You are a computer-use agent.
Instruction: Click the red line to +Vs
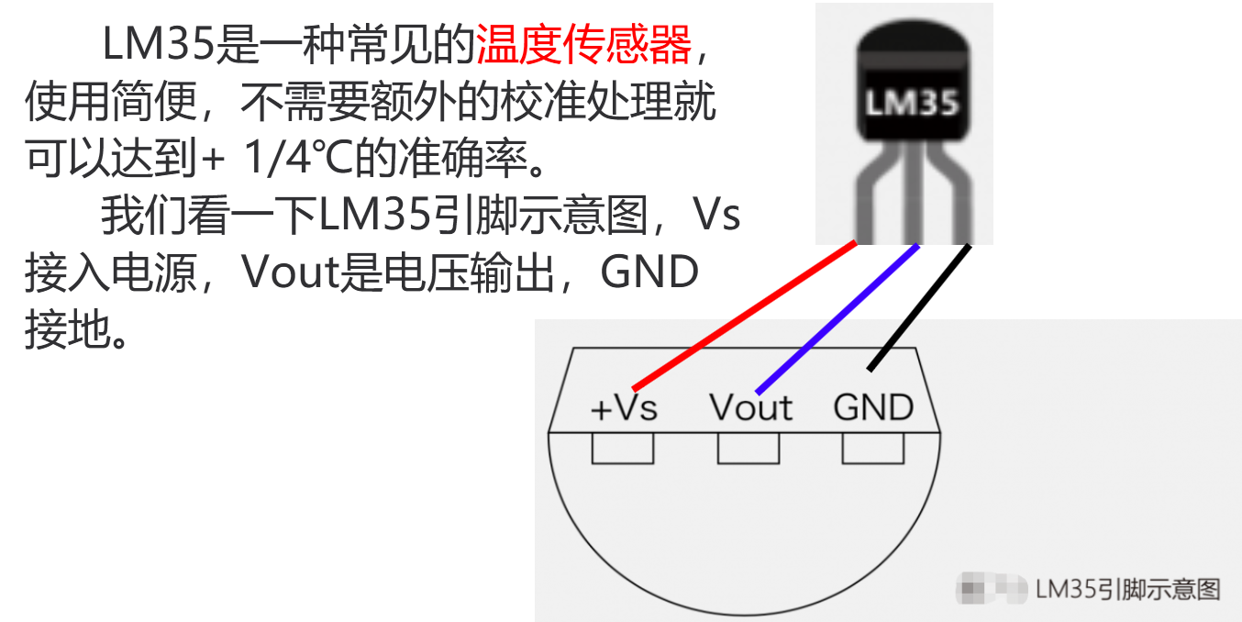click(x=743, y=314)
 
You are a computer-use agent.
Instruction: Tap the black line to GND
click(x=918, y=307)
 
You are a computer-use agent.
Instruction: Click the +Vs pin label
click(x=624, y=408)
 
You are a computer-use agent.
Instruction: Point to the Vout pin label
click(x=750, y=408)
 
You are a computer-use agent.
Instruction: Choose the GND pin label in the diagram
click(x=873, y=407)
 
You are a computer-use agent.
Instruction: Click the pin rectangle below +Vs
click(x=622, y=448)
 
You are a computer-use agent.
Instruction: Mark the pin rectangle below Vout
click(x=749, y=448)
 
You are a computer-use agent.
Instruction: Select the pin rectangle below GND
click(x=873, y=448)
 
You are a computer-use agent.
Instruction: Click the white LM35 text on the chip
click(x=912, y=103)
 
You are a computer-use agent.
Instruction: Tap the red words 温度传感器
click(x=583, y=45)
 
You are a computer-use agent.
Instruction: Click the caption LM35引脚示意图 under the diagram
click(x=1128, y=589)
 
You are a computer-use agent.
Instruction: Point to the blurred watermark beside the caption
click(x=992, y=588)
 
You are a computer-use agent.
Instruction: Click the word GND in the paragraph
click(x=649, y=272)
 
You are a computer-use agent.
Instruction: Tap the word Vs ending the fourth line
click(x=716, y=216)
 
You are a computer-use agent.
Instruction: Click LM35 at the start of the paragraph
click(x=159, y=45)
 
